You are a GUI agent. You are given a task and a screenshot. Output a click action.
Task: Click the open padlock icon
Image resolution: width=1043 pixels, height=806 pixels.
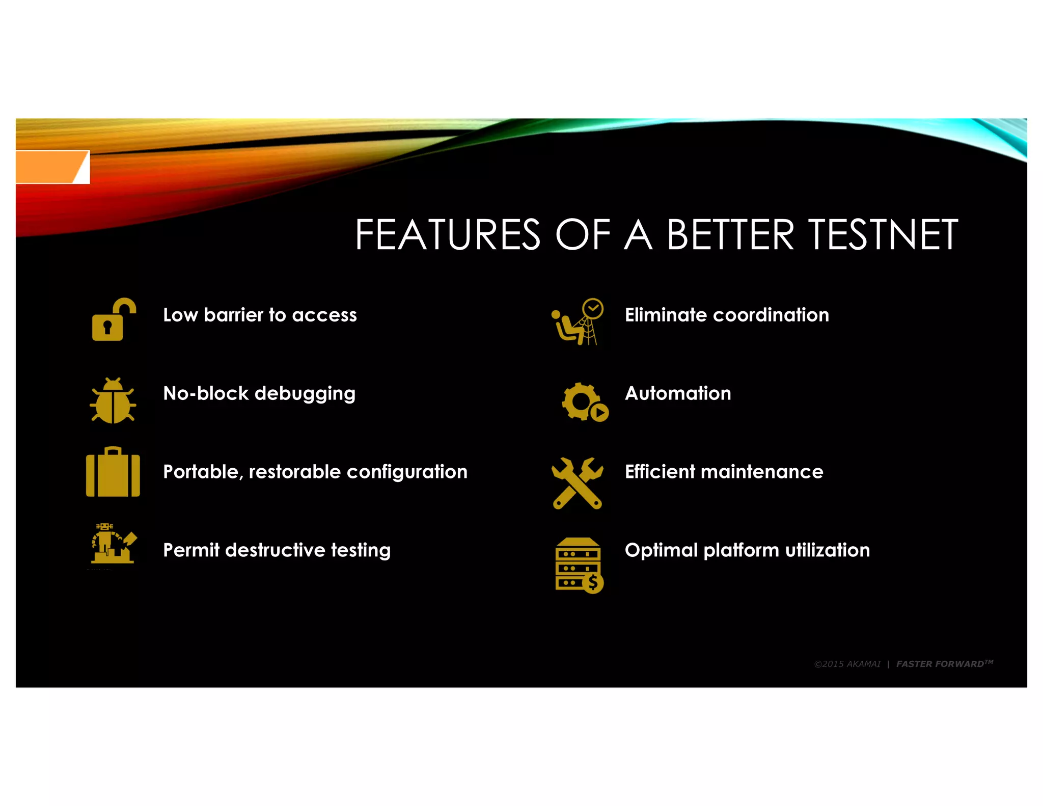(113, 320)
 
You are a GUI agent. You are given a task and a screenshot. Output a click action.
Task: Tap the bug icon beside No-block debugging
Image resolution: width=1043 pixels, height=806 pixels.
(113, 401)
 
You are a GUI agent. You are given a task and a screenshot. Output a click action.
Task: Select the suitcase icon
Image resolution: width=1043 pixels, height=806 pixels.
(113, 472)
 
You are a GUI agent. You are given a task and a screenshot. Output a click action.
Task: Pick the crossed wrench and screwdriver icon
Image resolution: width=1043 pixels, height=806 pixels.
(578, 482)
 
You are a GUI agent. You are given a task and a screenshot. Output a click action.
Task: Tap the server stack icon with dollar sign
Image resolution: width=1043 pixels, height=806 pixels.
(579, 566)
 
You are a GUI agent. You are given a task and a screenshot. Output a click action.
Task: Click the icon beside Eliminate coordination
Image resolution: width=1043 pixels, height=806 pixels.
(578, 321)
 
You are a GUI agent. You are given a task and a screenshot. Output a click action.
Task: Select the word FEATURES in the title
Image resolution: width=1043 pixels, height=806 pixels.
(448, 235)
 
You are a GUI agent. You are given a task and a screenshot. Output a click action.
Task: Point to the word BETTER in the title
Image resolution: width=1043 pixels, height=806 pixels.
(730, 235)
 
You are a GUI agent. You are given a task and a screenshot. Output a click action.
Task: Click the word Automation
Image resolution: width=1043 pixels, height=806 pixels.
(678, 393)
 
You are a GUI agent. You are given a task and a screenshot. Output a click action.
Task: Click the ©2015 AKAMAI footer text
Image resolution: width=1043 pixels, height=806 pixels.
(847, 664)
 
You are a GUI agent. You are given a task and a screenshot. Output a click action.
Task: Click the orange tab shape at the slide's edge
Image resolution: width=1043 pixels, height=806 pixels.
(51, 167)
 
